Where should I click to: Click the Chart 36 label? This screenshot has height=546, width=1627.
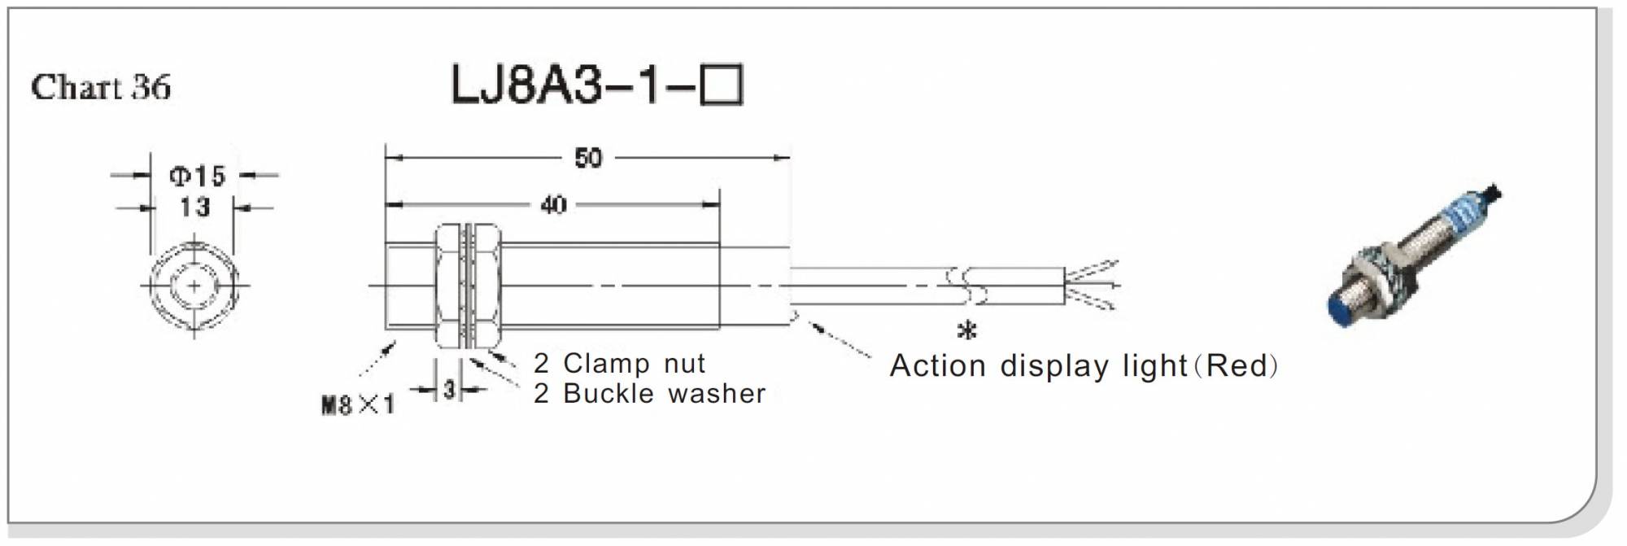coord(101,87)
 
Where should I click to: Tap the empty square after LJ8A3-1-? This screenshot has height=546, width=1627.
coord(722,85)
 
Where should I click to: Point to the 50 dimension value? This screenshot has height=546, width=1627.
coord(587,157)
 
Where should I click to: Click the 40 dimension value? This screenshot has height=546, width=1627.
coord(553,204)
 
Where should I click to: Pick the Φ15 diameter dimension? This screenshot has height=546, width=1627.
coord(197,175)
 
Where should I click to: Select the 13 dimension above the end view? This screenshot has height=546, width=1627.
coord(194,207)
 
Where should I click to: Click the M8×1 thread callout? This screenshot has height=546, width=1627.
coord(358,404)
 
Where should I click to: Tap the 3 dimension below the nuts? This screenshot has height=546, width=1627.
coord(449,391)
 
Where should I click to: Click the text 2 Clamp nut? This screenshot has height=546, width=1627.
coord(619,363)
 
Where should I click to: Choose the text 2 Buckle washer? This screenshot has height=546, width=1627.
coord(649,394)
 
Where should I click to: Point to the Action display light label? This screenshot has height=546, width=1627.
coord(1039,366)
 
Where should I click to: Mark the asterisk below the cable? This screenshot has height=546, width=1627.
coord(966,331)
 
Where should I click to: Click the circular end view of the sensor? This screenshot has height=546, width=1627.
coord(194,286)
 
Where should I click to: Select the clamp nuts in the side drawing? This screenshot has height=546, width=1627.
coord(468,286)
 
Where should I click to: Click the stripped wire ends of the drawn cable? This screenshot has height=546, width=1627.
coord(1093,286)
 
